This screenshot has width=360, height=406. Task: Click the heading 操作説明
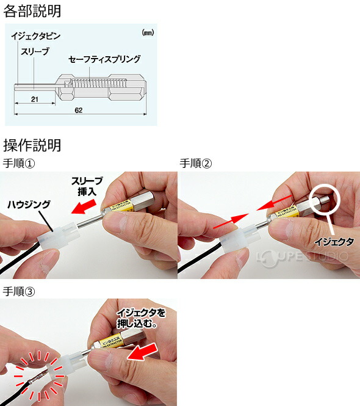coord(32,145)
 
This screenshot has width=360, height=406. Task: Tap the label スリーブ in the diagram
coord(36,52)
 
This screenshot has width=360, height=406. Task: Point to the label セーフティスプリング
coord(104,59)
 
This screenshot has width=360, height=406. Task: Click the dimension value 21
coord(34,98)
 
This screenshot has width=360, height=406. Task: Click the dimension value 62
coord(79,111)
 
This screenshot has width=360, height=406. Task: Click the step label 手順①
coord(20,163)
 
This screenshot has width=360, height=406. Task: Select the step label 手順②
coord(196,163)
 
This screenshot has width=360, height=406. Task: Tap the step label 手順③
coord(20,291)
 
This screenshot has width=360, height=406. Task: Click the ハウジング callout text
coord(30,205)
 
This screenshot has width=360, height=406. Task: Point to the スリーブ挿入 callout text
coord(87,186)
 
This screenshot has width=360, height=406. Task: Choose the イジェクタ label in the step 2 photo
coord(334,242)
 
